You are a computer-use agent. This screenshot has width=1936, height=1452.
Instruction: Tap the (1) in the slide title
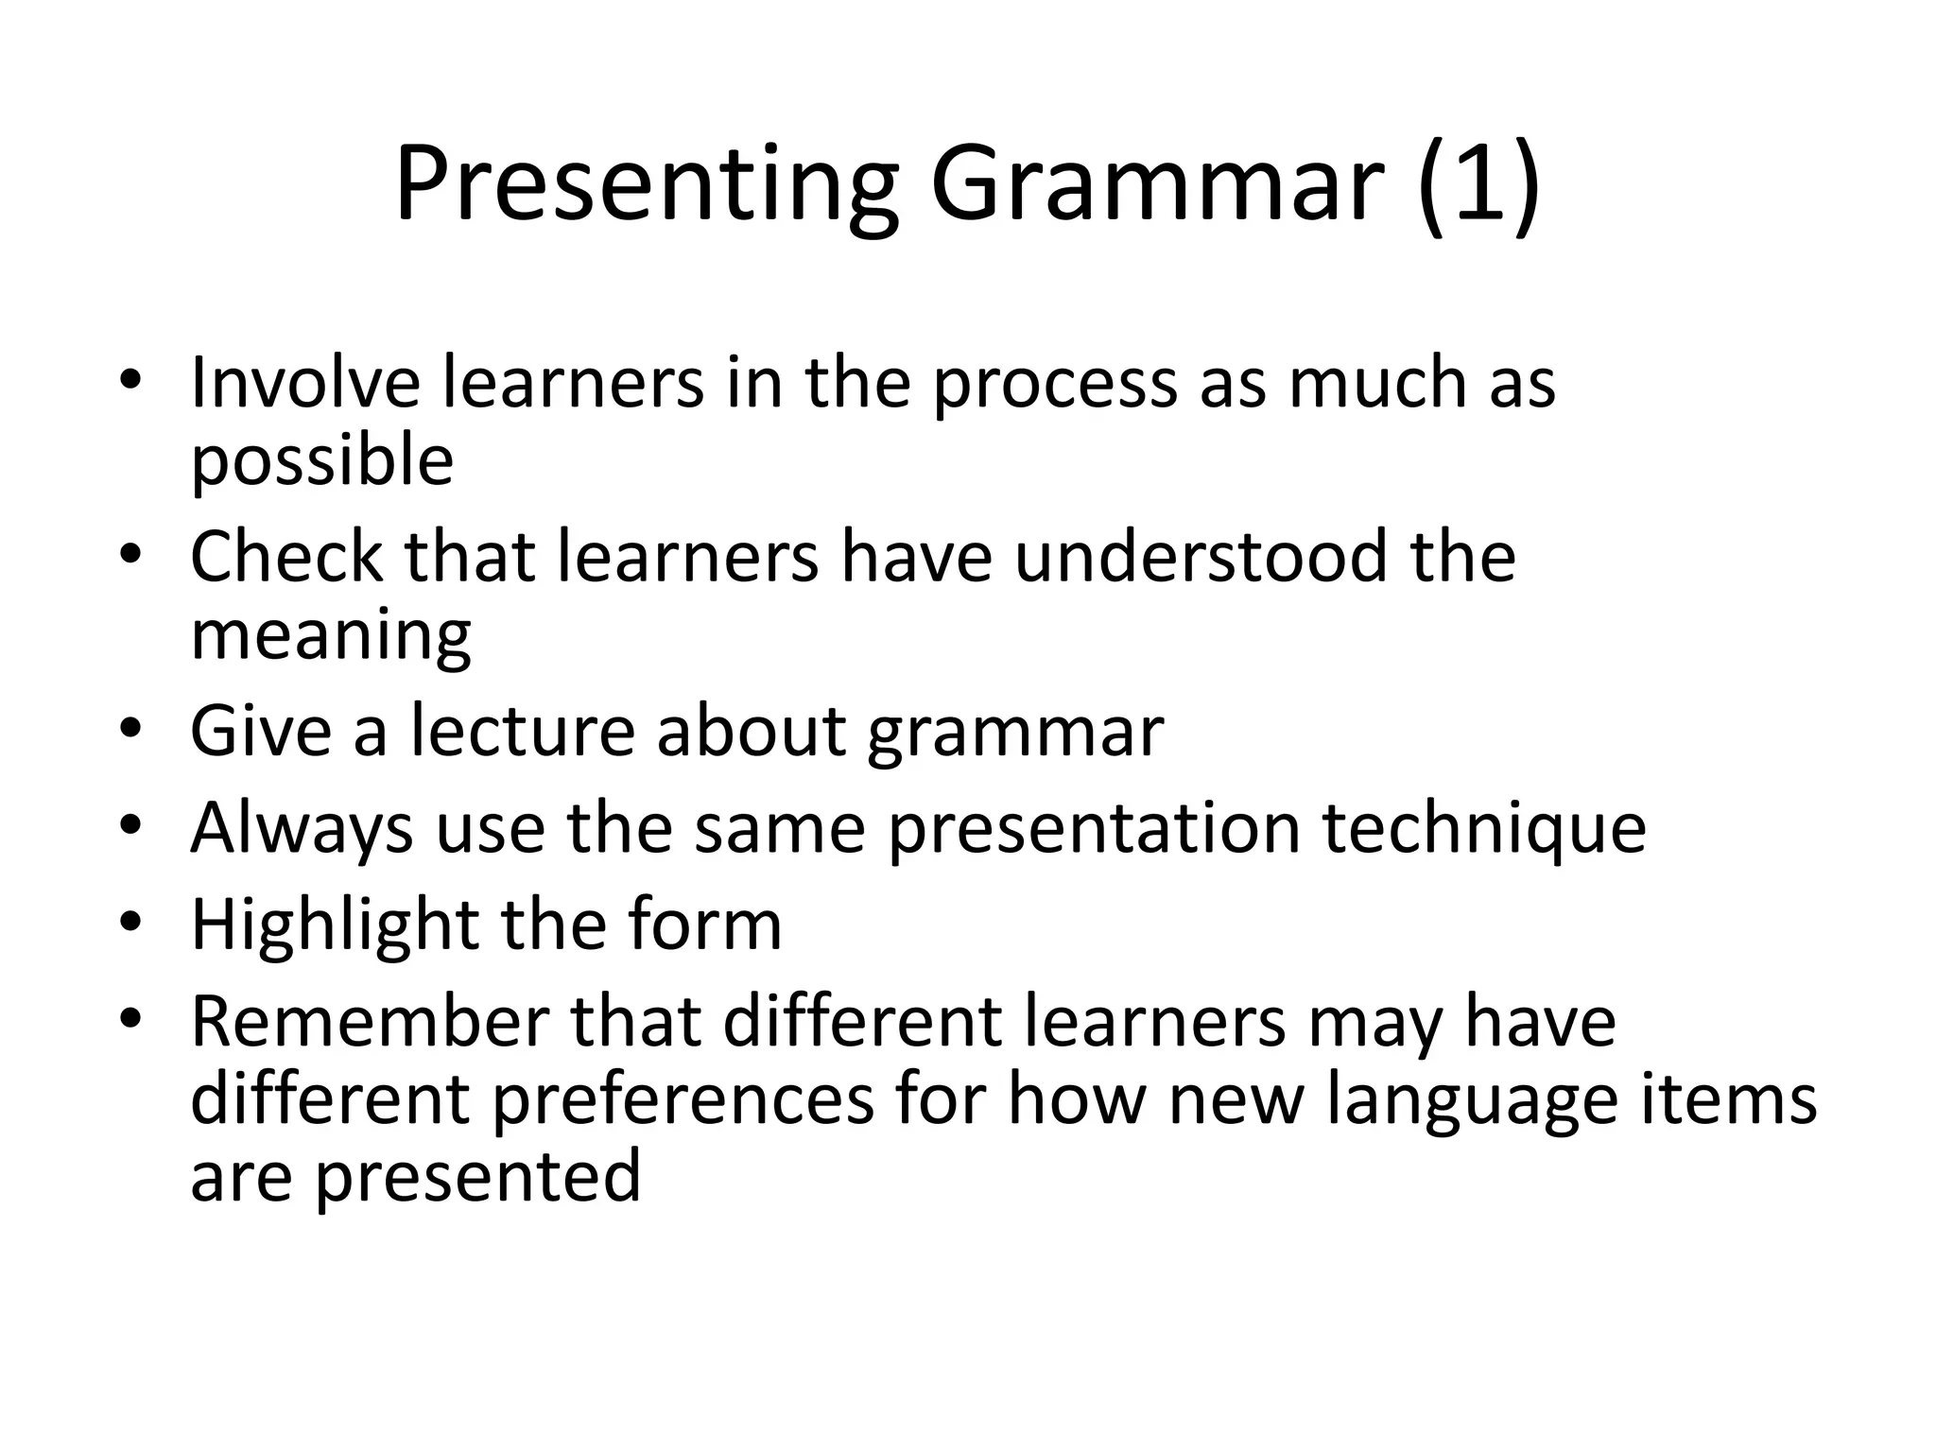coord(1478,184)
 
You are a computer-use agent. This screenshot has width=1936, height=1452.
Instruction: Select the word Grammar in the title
coord(1157,184)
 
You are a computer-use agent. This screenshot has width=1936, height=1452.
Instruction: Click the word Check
coord(285,557)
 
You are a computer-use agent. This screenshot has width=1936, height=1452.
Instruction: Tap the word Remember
coord(370,1022)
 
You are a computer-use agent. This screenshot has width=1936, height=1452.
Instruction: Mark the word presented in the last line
coord(477,1177)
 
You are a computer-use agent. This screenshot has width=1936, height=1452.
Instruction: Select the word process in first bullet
coord(1054,383)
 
